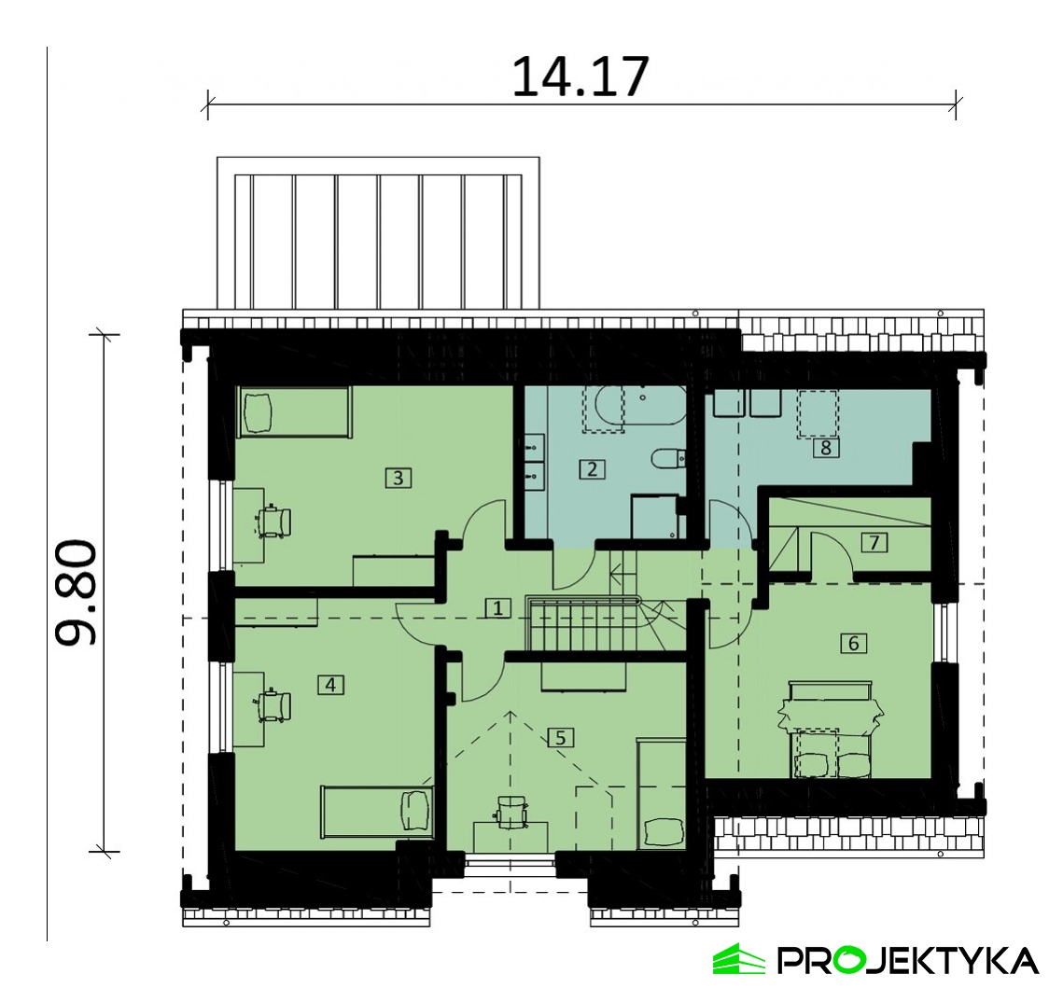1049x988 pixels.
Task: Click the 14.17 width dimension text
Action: [x=580, y=77]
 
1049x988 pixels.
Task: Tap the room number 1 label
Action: [x=497, y=608]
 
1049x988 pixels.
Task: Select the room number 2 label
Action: [x=592, y=469]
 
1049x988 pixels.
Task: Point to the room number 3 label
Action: [x=399, y=478]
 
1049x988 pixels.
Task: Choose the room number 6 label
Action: [x=853, y=643]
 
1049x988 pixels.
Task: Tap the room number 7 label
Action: [x=874, y=542]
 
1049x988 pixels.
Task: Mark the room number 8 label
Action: [x=826, y=447]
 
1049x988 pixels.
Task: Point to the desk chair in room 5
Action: [x=511, y=811]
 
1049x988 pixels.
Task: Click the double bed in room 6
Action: [x=831, y=730]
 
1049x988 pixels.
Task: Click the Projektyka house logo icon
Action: [x=739, y=958]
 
